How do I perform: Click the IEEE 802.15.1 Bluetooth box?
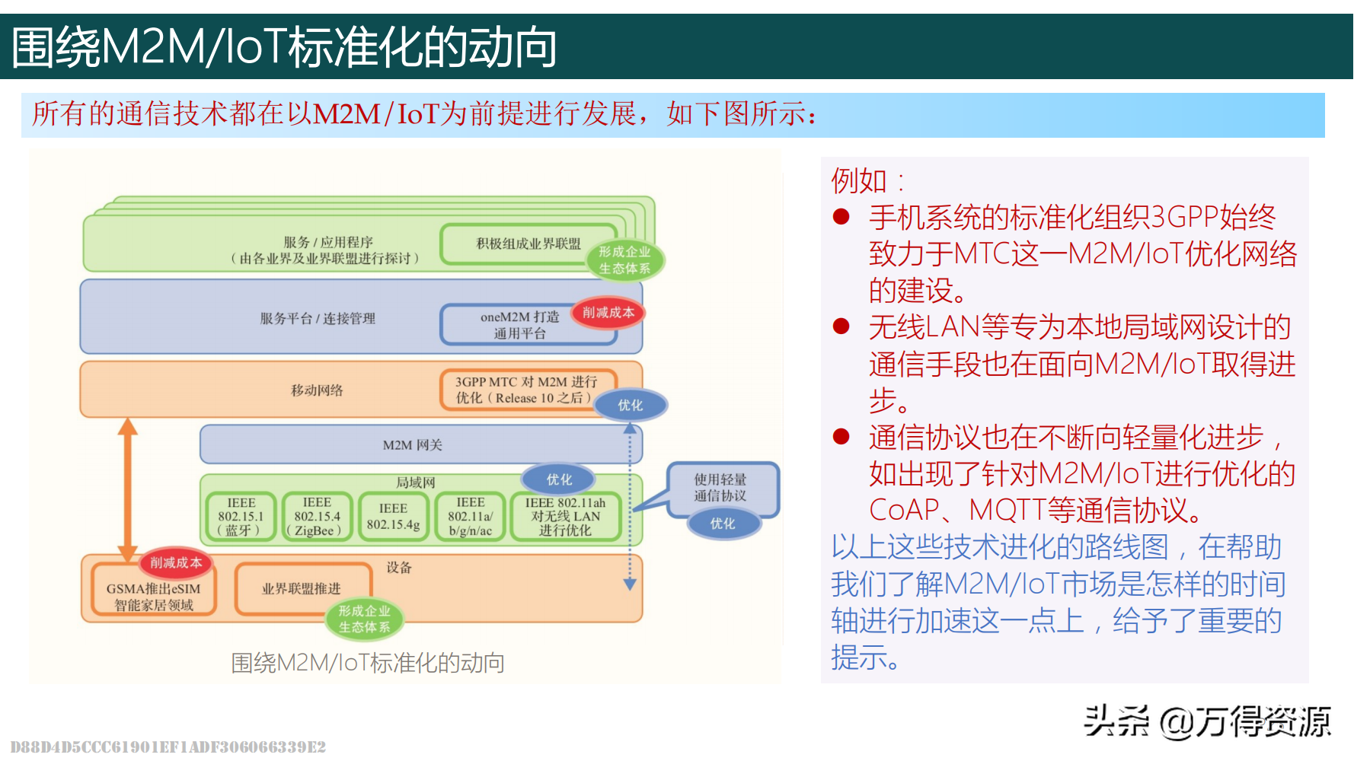coord(241,517)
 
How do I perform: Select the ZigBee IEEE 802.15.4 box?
coord(317,517)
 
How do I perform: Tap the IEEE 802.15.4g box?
coord(393,517)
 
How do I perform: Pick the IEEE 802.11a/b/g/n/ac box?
coord(471,517)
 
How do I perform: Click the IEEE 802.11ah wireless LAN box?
coord(565,517)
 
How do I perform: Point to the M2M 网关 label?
coord(412,445)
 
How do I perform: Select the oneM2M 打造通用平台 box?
coord(519,325)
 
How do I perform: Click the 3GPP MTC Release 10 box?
coord(525,390)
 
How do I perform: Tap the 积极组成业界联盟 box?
coord(528,244)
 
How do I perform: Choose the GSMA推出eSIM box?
coord(153,597)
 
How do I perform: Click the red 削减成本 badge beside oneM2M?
coord(608,312)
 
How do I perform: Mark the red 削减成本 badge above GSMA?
coord(176,562)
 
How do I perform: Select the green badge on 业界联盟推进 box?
coord(364,619)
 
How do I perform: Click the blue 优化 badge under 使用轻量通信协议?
coord(723,524)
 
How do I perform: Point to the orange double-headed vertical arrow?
coord(127,491)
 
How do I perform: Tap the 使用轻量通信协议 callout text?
coord(720,487)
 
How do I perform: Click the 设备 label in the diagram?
coord(399,568)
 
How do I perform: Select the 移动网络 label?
coord(317,390)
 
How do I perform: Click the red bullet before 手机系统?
coord(841,218)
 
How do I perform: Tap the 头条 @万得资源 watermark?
coord(1206,721)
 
